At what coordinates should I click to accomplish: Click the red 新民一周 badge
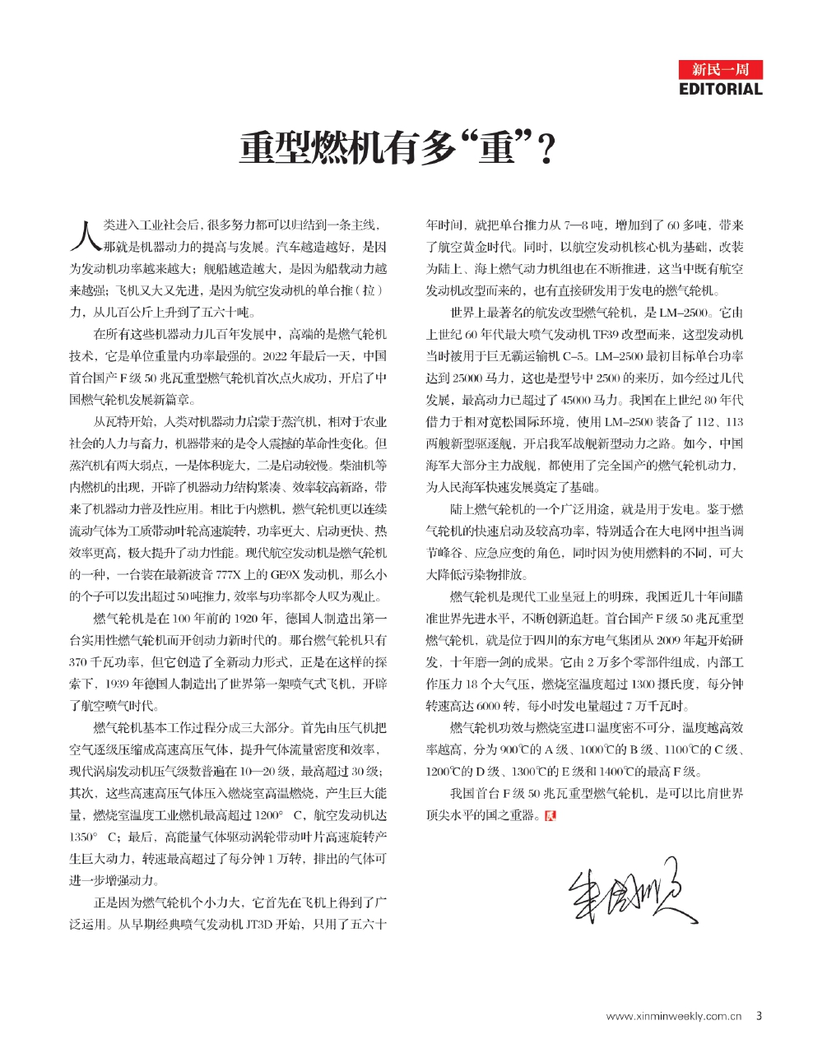[721, 69]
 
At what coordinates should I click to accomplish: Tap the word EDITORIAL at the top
[721, 89]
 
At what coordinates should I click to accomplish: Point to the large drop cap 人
[85, 234]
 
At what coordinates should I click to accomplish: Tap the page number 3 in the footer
[759, 1015]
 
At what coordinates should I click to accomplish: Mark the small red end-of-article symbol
[551, 815]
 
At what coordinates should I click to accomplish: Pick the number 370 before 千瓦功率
[79, 661]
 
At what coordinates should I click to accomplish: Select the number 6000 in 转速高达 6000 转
[489, 706]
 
